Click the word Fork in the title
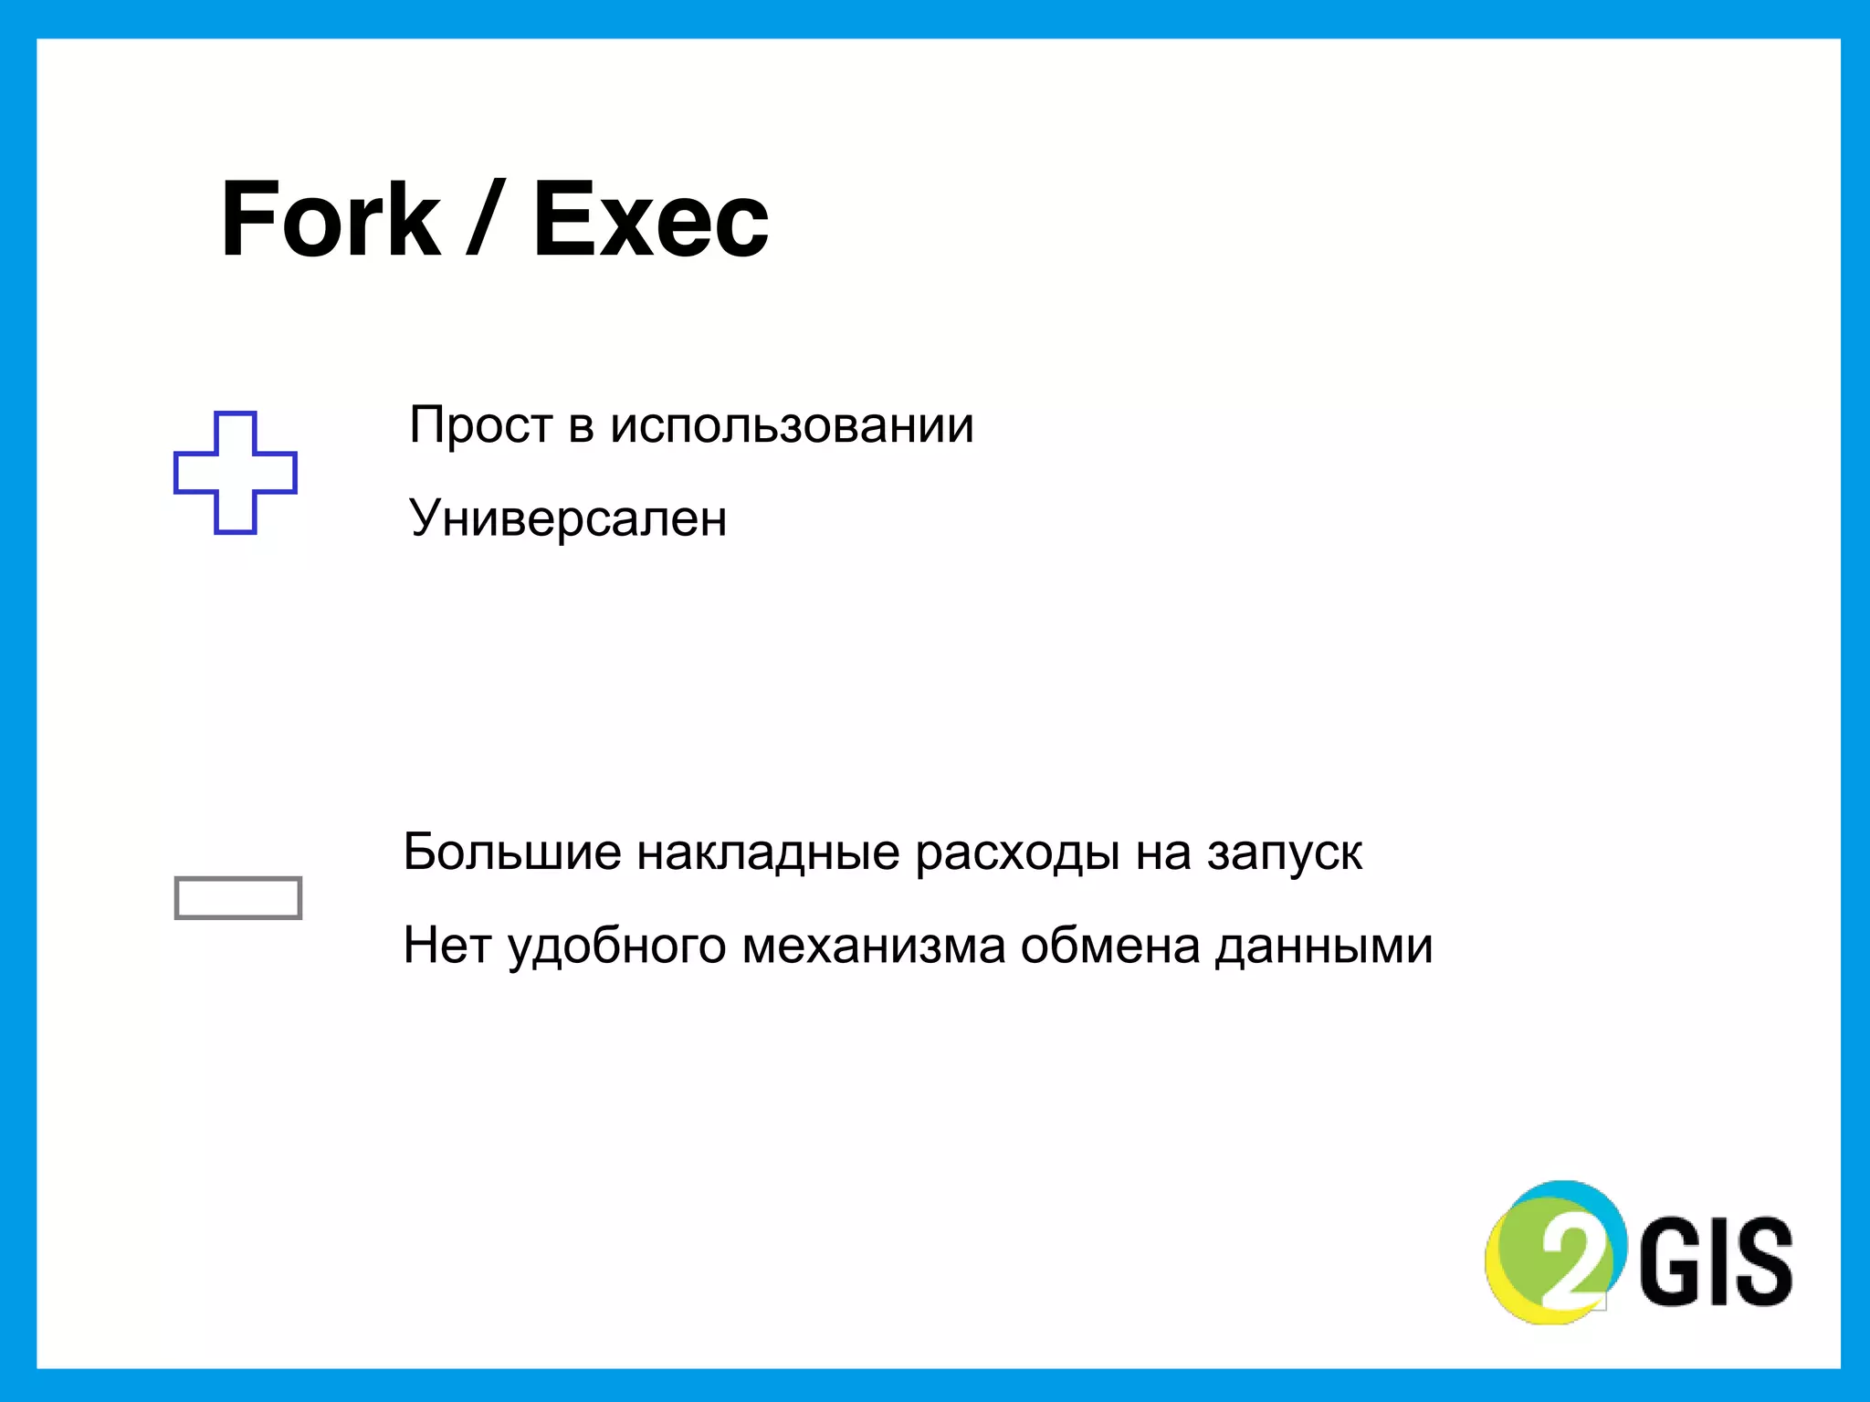point(331,219)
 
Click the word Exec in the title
point(650,219)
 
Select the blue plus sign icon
point(236,472)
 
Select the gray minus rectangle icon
point(238,897)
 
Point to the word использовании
point(792,425)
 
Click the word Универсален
point(568,518)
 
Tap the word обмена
point(1110,946)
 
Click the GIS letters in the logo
point(1717,1261)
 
